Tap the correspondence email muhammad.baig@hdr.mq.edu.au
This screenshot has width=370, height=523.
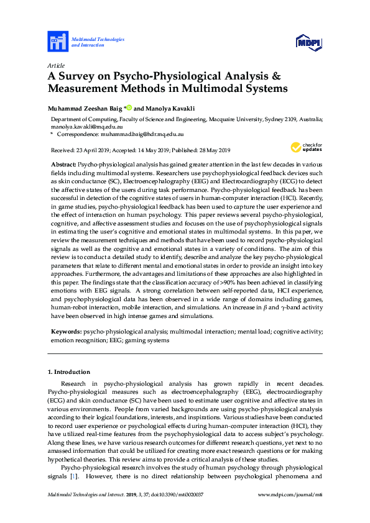pyautogui.click(x=140, y=134)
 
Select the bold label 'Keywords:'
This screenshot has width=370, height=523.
pyautogui.click(x=65, y=333)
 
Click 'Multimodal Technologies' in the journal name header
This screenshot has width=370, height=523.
pyautogui.click(x=98, y=39)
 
